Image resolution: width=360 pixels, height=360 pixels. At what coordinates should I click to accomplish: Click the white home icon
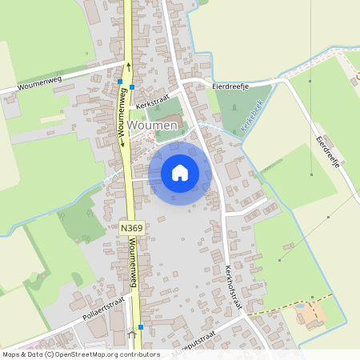point(180,172)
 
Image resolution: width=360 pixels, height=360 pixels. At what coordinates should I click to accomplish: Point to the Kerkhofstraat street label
point(233,284)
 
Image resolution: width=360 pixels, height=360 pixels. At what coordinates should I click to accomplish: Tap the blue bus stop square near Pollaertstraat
point(141,326)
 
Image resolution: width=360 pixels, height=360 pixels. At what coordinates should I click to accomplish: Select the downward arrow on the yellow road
point(122,144)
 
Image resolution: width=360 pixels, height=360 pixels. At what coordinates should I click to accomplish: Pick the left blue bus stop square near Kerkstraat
point(120,82)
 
